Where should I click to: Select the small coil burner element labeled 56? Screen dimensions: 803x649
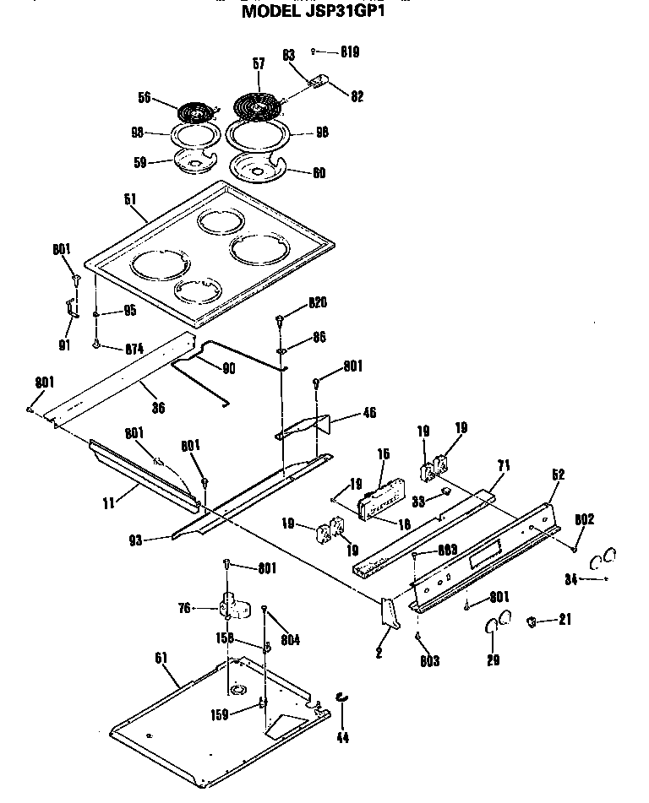pyautogui.click(x=195, y=110)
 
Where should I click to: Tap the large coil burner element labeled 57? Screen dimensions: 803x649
pyautogui.click(x=257, y=105)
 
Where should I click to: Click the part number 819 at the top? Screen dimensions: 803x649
pyautogui.click(x=349, y=52)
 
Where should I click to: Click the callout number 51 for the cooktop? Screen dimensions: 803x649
pyautogui.click(x=129, y=199)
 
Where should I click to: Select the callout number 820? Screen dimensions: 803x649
pyautogui.click(x=318, y=303)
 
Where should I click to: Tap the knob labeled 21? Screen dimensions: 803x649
pyautogui.click(x=533, y=622)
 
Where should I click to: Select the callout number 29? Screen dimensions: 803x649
pyautogui.click(x=494, y=660)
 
